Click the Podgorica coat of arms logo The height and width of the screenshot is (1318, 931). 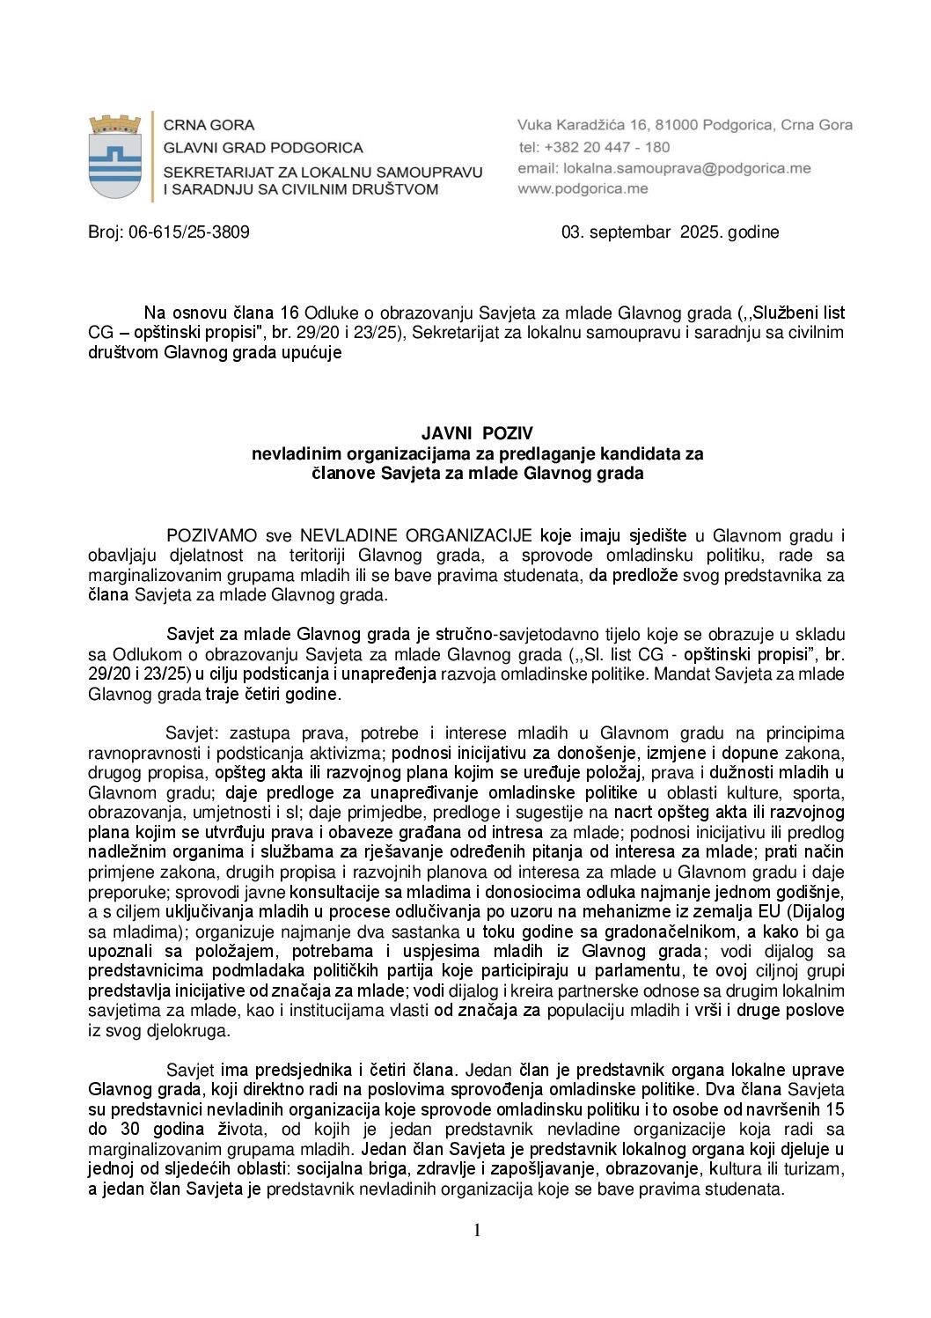(115, 156)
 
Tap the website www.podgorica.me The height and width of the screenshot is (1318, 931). (583, 188)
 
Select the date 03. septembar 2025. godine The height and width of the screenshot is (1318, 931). (670, 232)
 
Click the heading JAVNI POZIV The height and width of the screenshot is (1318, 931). (477, 433)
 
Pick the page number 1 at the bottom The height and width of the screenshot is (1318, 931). (477, 1230)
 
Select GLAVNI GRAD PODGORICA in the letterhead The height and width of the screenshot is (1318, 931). (263, 147)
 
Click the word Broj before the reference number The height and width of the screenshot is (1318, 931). (105, 232)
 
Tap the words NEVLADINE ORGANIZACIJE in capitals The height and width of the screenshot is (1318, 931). (415, 535)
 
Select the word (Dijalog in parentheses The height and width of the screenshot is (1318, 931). (815, 911)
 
